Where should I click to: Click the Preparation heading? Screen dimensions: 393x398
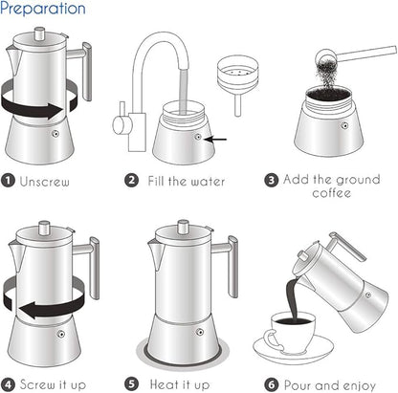tap(43, 10)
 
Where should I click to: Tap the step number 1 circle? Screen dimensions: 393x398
tap(9, 179)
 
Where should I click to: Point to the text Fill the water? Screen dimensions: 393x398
tap(186, 179)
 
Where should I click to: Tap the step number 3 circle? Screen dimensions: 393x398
tap(272, 179)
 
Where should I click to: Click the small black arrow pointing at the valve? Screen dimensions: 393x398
tap(219, 139)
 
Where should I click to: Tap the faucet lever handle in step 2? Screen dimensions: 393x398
tap(122, 125)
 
